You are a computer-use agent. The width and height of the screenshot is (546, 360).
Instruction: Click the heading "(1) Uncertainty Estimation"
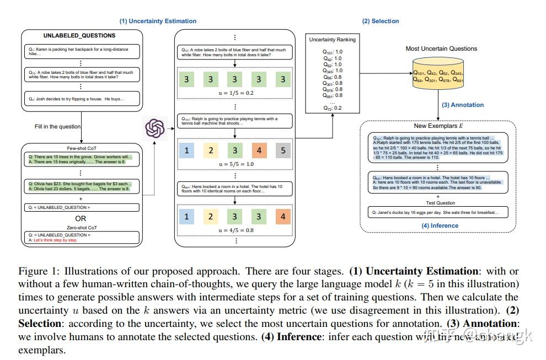(x=158, y=21)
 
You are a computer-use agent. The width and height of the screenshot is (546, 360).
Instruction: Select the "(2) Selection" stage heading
(x=380, y=21)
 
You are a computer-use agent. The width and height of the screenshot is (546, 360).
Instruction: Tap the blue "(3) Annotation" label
(x=463, y=105)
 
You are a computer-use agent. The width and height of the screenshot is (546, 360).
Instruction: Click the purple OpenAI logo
(x=156, y=129)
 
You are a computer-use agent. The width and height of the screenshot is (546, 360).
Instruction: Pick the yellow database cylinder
(x=438, y=76)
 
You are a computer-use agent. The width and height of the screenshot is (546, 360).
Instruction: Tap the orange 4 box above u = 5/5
(x=259, y=150)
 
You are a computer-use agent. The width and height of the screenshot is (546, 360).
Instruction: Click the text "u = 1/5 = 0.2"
(x=235, y=93)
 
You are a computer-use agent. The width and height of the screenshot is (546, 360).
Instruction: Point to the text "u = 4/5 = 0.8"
(x=235, y=230)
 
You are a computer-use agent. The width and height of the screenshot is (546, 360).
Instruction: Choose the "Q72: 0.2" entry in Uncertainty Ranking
(x=332, y=108)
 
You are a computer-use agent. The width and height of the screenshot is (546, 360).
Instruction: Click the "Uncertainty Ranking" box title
(x=332, y=40)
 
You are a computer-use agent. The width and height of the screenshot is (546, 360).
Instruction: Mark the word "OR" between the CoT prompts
(x=81, y=218)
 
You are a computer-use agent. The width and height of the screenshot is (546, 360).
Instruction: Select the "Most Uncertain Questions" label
(x=441, y=49)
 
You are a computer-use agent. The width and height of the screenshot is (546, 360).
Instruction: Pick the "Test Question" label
(x=438, y=202)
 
